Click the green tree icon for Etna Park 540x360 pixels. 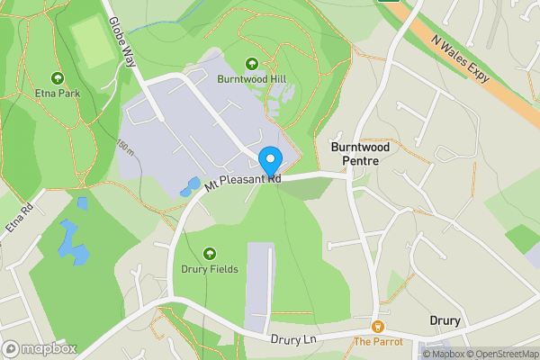pyautogui.click(x=58, y=78)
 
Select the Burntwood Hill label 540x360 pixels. pyautogui.click(x=251, y=78)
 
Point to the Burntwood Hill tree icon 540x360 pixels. pyautogui.click(x=251, y=63)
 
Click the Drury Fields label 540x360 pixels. pyautogui.click(x=210, y=268)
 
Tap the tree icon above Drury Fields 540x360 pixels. pyautogui.click(x=210, y=253)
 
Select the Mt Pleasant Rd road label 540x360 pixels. pyautogui.click(x=243, y=183)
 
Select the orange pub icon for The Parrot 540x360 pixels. pyautogui.click(x=378, y=326)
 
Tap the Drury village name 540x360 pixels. pyautogui.click(x=445, y=321)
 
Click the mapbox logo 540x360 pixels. pyautogui.click(x=39, y=348)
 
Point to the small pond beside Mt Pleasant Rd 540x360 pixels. pyautogui.click(x=191, y=186)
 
